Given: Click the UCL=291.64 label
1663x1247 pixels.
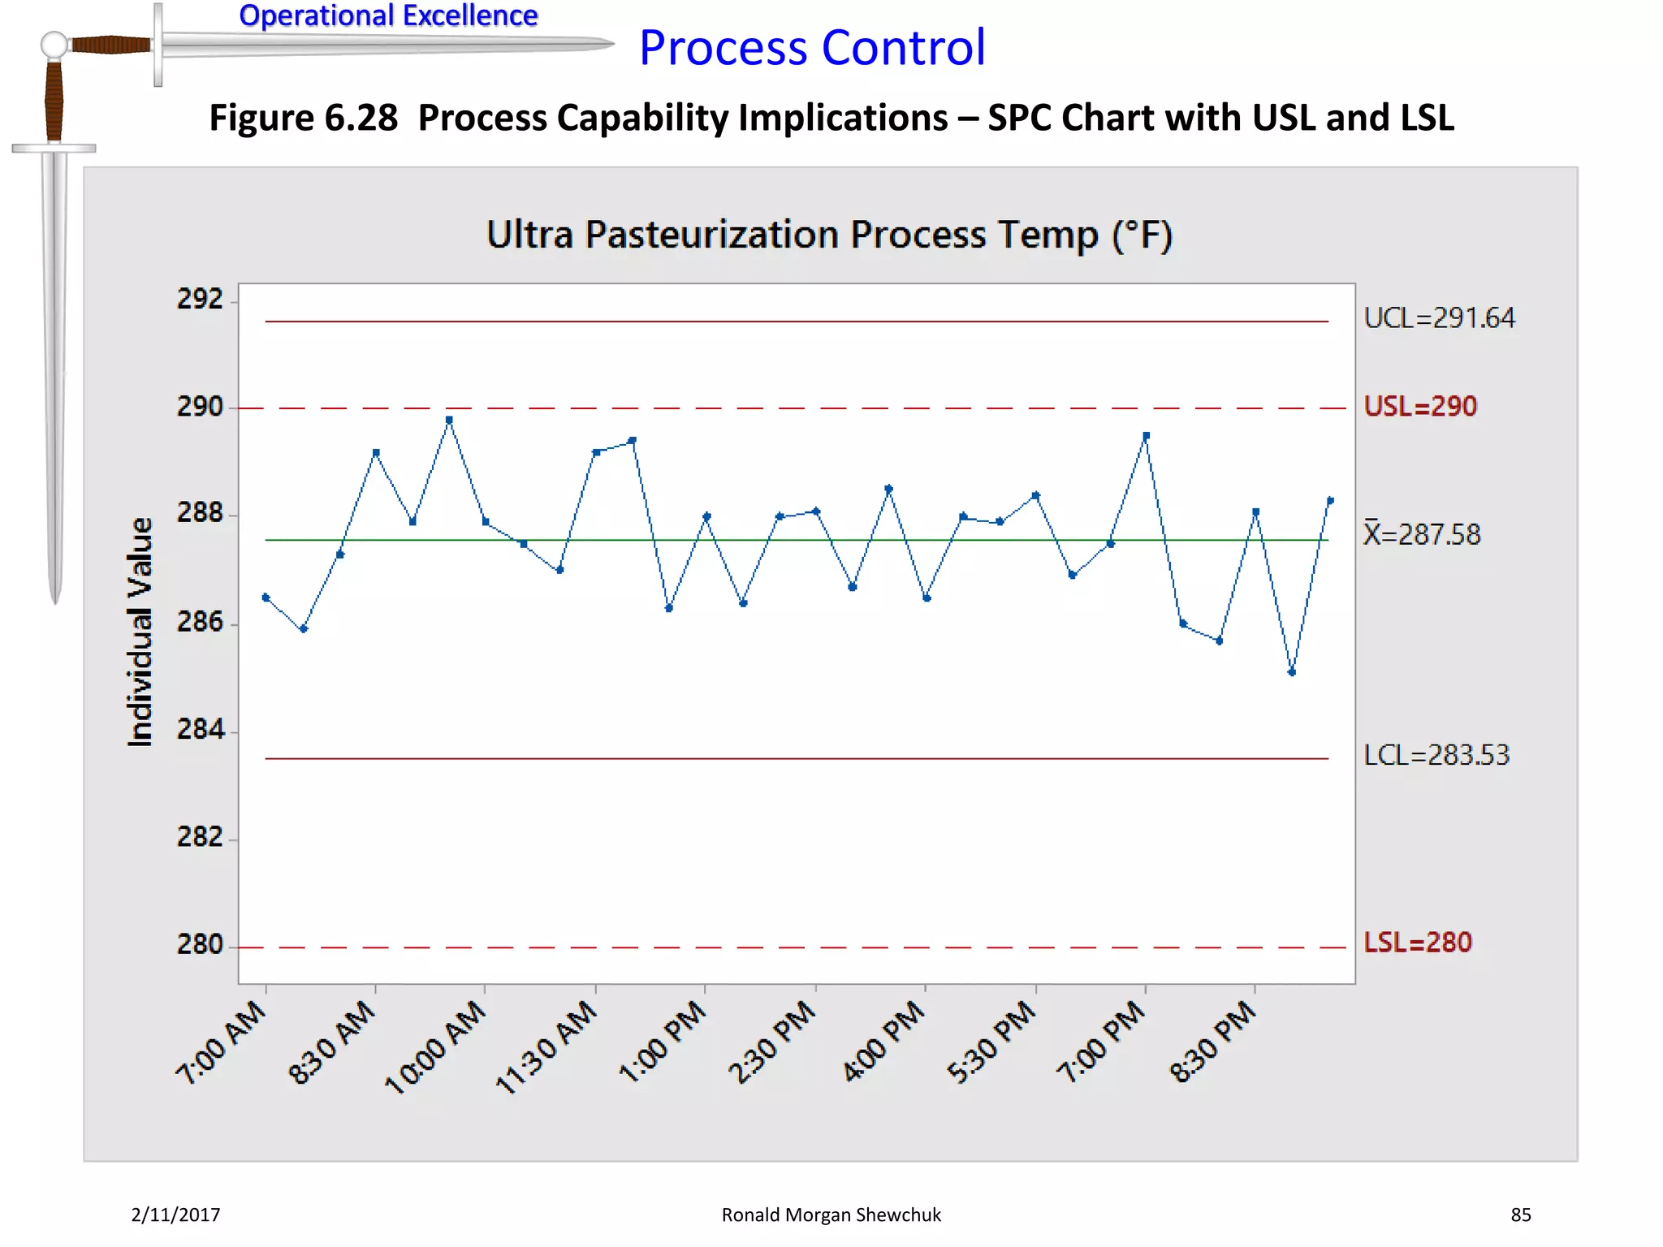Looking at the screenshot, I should pos(1439,318).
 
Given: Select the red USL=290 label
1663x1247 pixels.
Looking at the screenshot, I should pos(1419,407).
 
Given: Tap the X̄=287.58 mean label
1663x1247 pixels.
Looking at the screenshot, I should pos(1422,534).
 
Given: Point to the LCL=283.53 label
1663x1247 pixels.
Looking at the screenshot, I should pos(1436,756).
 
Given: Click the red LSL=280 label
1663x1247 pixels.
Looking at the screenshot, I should pos(1417,943).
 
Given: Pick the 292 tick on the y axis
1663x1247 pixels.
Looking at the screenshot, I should pos(200,300).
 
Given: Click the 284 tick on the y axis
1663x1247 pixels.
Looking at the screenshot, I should pos(200,730).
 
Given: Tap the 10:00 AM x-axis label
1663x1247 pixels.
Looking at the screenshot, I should pos(437,1046).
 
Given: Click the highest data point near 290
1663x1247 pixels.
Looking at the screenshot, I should pos(449,420).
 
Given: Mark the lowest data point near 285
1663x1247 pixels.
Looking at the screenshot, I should pos(1292,672).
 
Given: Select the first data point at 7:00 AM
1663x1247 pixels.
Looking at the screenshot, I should pos(266,598).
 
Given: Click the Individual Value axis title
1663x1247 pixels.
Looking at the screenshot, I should pos(140,632).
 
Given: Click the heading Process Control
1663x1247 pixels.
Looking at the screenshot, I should pos(812,48).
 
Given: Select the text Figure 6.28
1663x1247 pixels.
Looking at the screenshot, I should pos(304,119).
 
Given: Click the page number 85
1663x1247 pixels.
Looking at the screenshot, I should pos(1520,1215).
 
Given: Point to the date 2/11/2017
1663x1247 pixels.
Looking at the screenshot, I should pos(175,1215).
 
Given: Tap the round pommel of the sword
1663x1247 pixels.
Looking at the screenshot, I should pos(54,44).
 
